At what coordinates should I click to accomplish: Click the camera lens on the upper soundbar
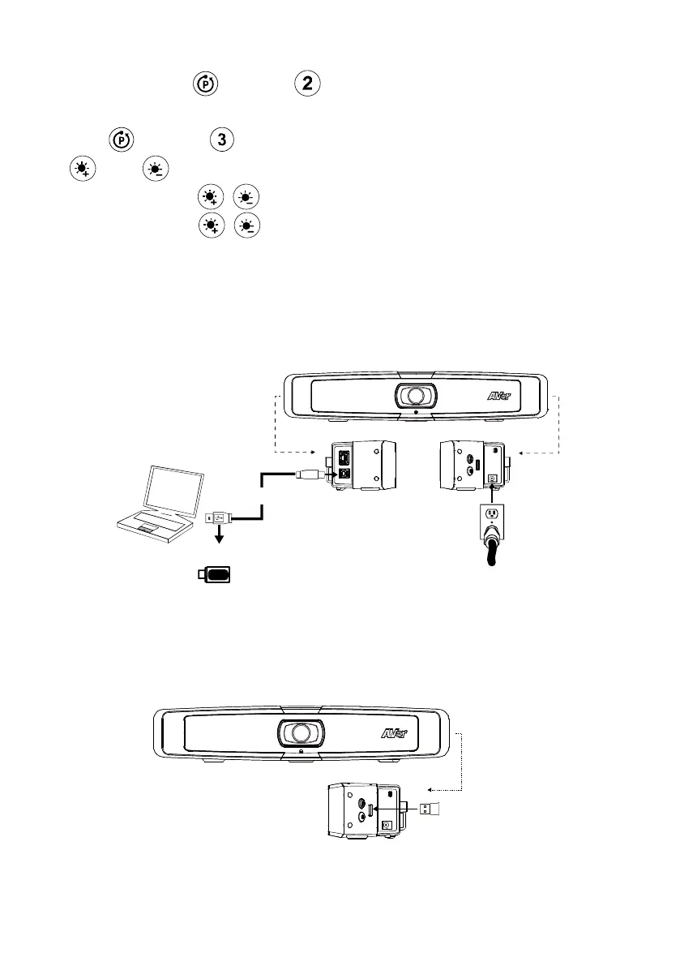point(415,395)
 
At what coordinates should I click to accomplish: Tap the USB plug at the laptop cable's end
point(218,516)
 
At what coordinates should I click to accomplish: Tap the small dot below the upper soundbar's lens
point(416,412)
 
